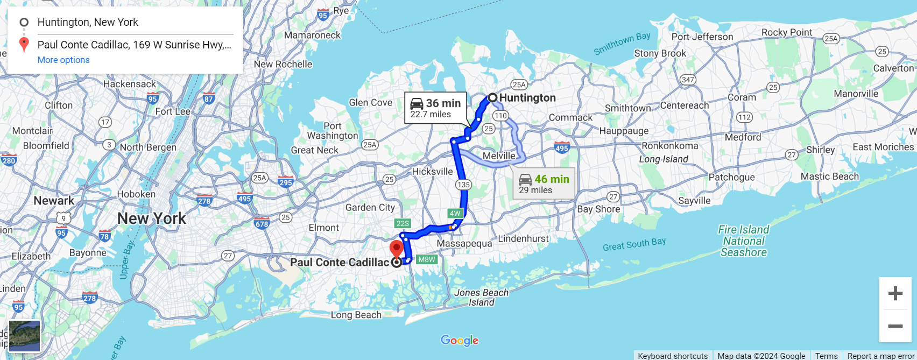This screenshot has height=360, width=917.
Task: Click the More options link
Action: point(64,60)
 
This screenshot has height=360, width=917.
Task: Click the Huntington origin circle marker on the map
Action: point(492,97)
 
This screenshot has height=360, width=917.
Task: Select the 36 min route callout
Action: point(435,108)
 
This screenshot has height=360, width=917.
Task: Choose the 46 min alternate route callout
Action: point(544,183)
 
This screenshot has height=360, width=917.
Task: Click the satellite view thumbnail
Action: point(25,336)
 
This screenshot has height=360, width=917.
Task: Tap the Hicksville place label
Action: point(432,172)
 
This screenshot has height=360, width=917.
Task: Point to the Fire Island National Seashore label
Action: point(744,241)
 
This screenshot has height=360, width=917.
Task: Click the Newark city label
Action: point(54,201)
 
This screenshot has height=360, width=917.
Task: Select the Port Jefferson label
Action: point(702,37)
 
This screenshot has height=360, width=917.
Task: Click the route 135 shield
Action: point(463,185)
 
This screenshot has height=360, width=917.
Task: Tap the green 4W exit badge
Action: point(455,213)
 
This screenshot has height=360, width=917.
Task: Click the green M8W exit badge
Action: point(427,259)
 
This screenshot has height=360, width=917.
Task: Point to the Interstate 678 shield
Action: point(262,223)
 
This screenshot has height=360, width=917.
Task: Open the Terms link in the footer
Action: point(826,356)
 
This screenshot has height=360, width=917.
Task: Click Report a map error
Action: point(881,356)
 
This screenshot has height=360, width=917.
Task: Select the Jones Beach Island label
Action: point(481,298)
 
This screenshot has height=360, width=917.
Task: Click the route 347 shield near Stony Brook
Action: point(688,80)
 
